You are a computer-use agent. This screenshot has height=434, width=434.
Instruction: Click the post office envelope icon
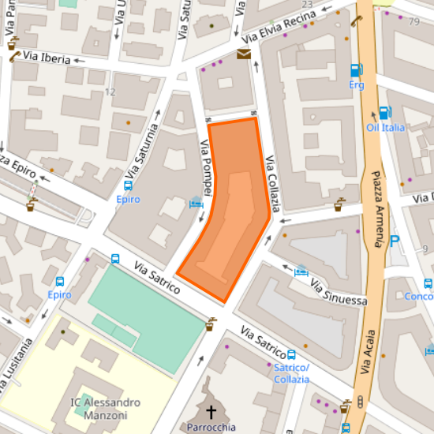[243, 54]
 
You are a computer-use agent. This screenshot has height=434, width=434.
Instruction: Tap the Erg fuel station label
[357, 84]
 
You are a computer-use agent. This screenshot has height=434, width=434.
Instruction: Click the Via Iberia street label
[48, 58]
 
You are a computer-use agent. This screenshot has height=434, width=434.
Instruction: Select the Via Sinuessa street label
[339, 291]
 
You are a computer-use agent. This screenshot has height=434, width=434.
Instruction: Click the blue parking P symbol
[395, 241]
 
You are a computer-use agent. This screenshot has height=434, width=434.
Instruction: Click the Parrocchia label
[211, 428]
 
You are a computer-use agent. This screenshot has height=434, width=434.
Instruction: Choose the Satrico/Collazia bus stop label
[291, 373]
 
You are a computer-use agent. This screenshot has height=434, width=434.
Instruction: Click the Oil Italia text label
[385, 128]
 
